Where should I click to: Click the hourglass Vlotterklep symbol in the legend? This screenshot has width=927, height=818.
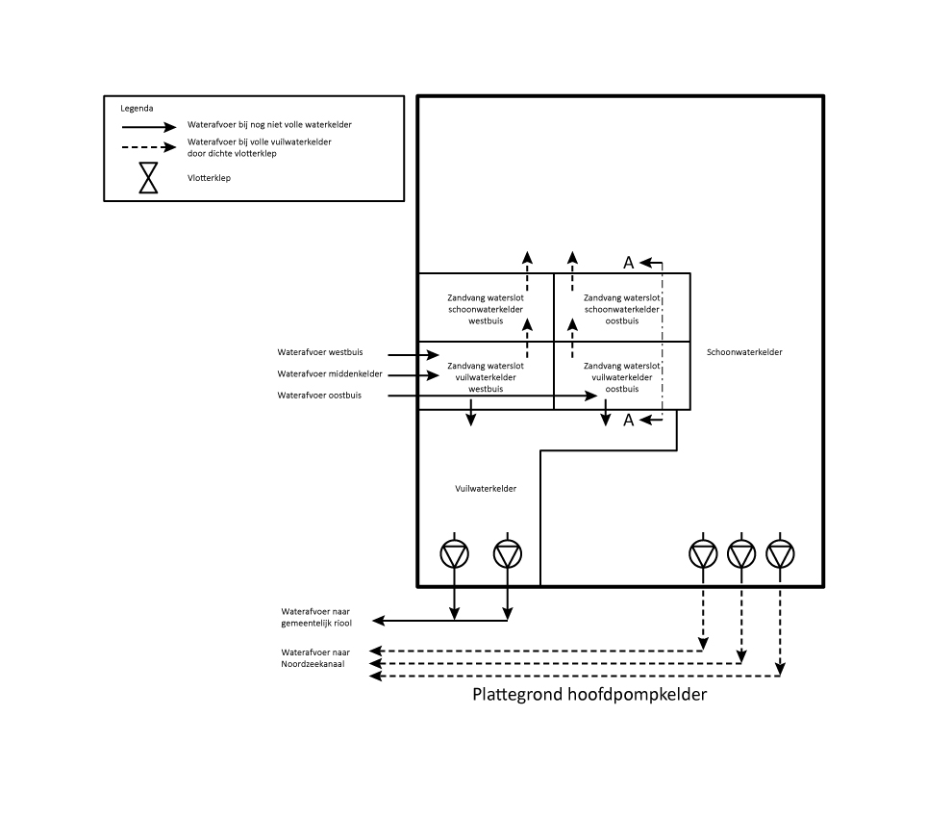coord(148,178)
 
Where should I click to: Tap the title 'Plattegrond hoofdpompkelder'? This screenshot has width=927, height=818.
coord(589,695)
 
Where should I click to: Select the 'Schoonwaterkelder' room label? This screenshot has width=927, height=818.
coord(744,352)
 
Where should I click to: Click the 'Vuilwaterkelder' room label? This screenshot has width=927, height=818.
coord(486,489)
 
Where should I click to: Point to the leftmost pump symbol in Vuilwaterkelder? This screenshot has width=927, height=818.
coord(454,553)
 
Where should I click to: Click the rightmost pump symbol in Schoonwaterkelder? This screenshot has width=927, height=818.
coord(780,553)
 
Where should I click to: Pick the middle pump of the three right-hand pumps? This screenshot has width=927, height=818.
coord(741,553)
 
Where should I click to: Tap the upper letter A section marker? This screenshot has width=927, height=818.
coord(629,262)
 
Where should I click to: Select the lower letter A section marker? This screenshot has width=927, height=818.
coord(629,420)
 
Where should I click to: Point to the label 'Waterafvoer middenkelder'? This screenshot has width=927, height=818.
coord(330,373)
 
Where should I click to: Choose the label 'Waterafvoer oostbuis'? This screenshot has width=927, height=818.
coord(320,395)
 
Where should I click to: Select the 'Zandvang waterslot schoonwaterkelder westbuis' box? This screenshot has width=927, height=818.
coord(486,309)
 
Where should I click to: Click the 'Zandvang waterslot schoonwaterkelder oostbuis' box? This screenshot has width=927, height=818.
coord(622,309)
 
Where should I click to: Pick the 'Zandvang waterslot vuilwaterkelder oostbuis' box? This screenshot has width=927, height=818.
coord(622,377)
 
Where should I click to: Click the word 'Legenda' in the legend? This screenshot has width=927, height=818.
coord(137,109)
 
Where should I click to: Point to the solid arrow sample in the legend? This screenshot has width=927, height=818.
coord(148,126)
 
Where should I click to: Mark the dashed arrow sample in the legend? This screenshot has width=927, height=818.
coord(148,147)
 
